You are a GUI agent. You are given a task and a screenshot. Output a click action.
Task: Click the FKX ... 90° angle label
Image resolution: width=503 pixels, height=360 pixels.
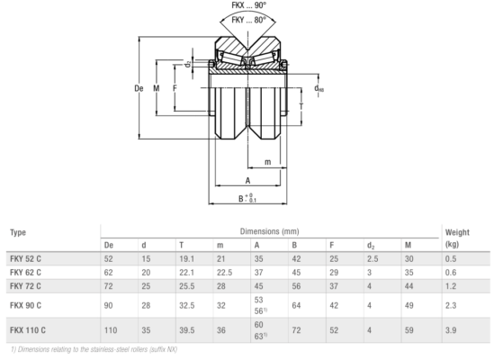click(x=248, y=5)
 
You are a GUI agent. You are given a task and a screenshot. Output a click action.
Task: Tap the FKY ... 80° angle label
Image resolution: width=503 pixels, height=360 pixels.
click(x=248, y=20)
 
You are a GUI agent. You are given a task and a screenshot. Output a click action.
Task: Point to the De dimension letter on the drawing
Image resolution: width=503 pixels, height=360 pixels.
click(x=139, y=88)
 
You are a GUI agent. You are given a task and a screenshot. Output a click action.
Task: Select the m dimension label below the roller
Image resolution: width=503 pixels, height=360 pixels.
click(x=267, y=162)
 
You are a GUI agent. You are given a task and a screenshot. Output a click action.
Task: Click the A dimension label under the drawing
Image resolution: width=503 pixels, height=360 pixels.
click(x=247, y=181)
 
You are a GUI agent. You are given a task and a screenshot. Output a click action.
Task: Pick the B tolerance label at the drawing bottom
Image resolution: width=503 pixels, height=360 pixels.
click(x=247, y=198)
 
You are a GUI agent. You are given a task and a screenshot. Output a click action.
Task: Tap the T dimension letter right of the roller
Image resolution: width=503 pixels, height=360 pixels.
click(x=301, y=106)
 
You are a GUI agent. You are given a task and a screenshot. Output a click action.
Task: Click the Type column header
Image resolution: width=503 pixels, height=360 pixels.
click(x=18, y=232)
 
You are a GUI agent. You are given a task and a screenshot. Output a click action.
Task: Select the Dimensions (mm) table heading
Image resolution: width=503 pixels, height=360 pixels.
click(x=269, y=231)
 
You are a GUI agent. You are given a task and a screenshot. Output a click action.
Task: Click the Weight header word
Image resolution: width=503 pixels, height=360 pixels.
click(x=457, y=232)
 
